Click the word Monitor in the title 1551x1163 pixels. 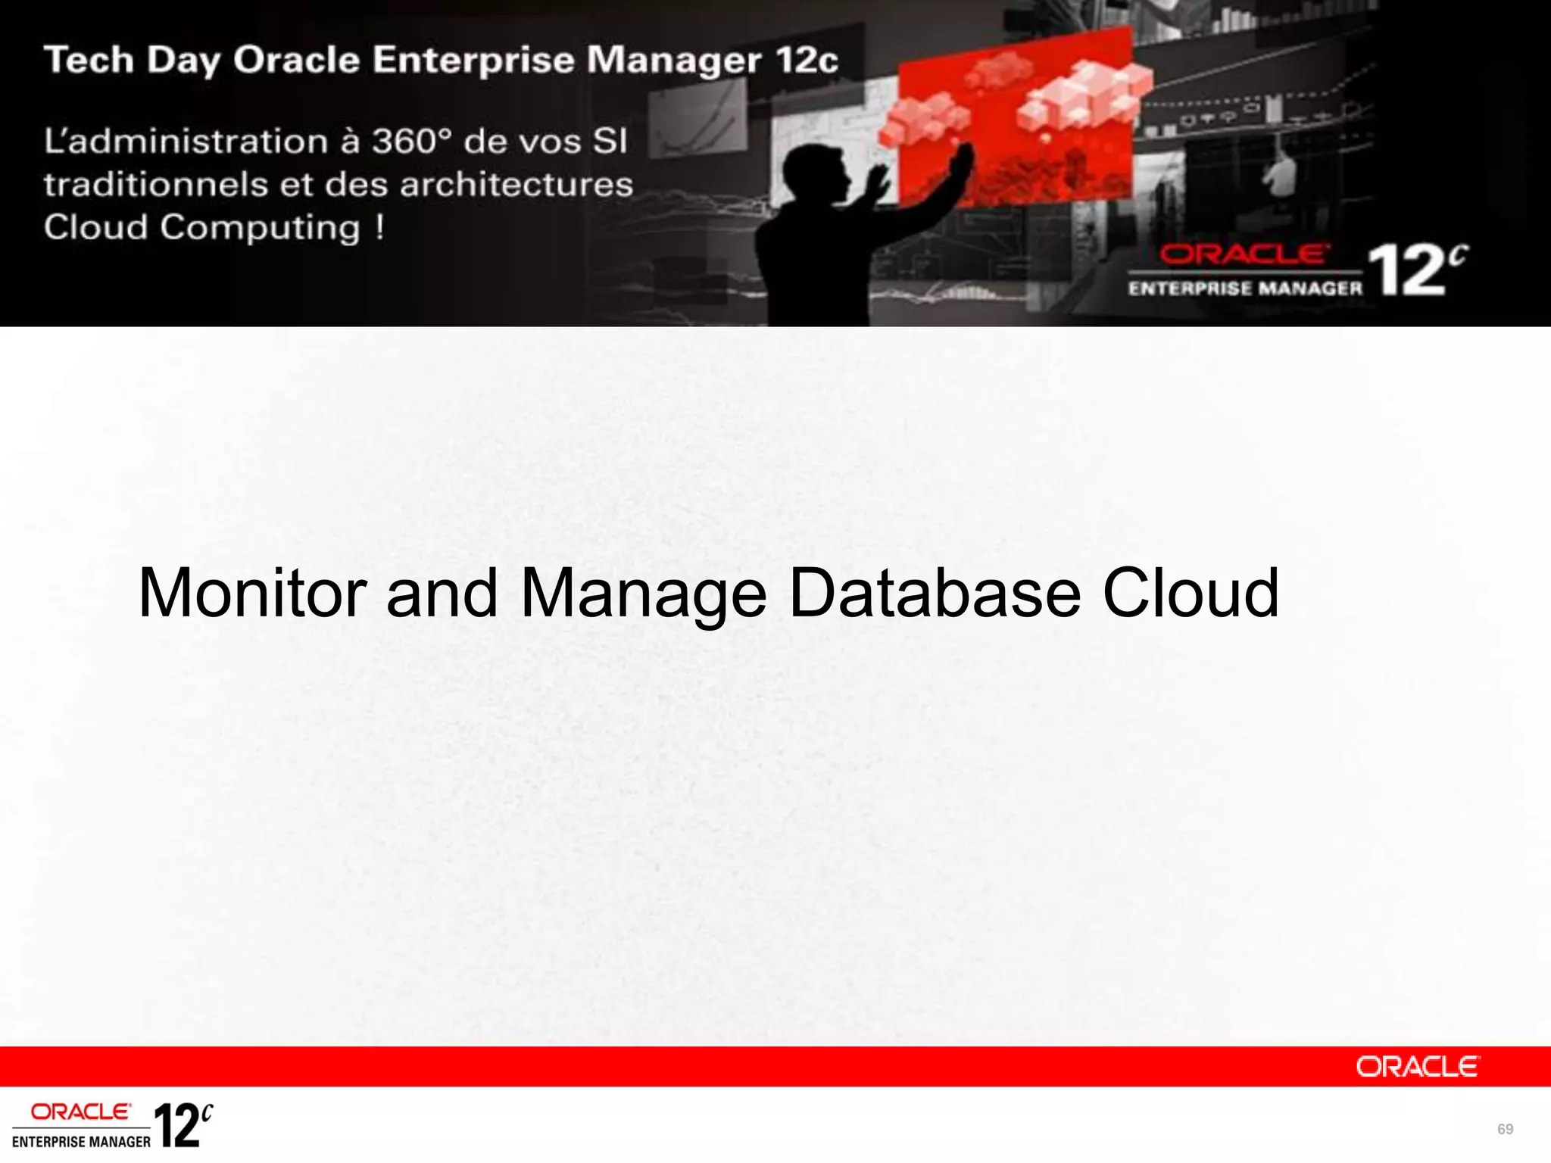pos(252,593)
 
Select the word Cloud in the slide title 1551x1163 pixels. pos(1190,593)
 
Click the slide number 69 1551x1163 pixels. pos(1505,1129)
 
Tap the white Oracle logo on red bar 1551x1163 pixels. pos(1417,1067)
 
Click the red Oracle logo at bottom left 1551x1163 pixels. pos(80,1112)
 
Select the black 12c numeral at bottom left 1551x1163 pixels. pos(182,1126)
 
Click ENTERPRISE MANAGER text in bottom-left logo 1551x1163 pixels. pos(81,1142)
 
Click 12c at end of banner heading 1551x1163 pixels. pos(807,61)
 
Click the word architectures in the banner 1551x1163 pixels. pos(516,185)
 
